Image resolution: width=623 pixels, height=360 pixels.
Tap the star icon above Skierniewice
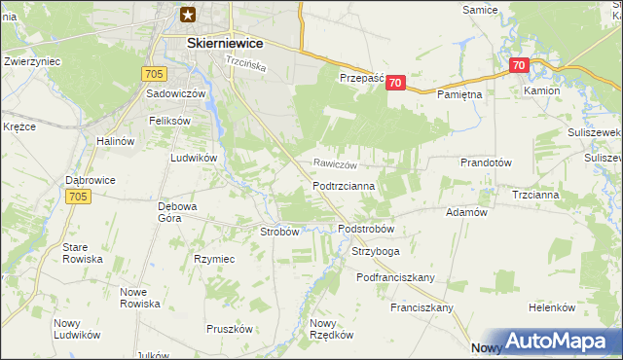(x=189, y=14)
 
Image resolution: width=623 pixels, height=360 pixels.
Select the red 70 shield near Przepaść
(x=394, y=84)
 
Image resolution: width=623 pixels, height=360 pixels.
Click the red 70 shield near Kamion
(x=518, y=66)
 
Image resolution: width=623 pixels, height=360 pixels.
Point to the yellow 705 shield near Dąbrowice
(x=80, y=197)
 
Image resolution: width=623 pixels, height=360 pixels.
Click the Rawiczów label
(x=335, y=164)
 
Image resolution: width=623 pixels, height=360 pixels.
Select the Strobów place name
(x=278, y=232)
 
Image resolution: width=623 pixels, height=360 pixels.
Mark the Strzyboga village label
(x=375, y=251)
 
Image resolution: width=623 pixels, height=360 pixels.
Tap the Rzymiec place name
(x=214, y=259)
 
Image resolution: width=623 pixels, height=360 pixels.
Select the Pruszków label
(x=230, y=329)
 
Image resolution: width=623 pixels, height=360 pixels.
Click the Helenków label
(x=552, y=307)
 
